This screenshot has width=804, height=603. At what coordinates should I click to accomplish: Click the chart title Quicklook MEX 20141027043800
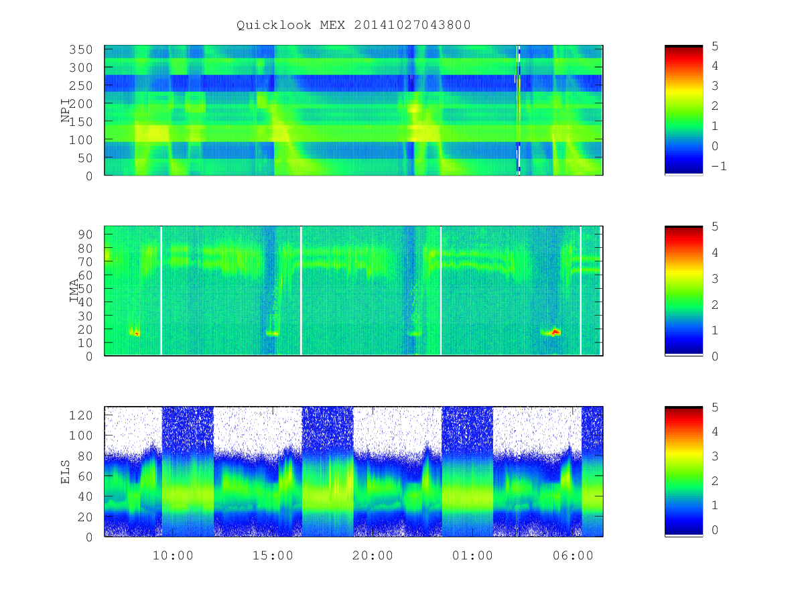point(354,25)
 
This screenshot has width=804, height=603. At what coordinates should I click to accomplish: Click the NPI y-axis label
point(66,111)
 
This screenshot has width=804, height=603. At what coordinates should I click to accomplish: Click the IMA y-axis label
point(74,290)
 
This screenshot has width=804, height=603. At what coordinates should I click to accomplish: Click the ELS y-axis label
point(65,472)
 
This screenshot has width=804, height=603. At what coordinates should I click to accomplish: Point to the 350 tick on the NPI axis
point(80,50)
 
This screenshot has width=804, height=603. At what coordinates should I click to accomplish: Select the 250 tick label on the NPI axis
point(80,86)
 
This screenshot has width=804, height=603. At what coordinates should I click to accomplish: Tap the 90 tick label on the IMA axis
point(85,234)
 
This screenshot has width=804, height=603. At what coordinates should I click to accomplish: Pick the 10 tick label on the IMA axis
point(85,343)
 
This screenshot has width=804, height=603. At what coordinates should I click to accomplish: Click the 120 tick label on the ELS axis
point(80,415)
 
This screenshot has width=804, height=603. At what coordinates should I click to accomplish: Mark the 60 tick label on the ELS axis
point(85,476)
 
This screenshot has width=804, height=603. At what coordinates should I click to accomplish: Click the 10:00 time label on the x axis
point(173,555)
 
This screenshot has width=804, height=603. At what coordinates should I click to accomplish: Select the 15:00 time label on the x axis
point(273,555)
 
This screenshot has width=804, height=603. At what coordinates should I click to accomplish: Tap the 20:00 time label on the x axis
point(373,555)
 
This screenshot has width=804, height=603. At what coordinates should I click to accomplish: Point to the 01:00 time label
point(473,555)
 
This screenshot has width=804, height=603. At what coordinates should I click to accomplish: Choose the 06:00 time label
point(573,555)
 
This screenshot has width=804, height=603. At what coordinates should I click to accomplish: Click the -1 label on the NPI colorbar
point(719,166)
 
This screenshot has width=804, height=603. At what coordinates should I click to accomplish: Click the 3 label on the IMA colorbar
point(715,279)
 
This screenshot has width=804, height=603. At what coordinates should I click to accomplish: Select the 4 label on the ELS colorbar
point(715,431)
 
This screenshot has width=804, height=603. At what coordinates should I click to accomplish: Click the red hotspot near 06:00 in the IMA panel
point(555,332)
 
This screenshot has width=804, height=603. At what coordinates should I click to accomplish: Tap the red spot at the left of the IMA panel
point(137,333)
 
